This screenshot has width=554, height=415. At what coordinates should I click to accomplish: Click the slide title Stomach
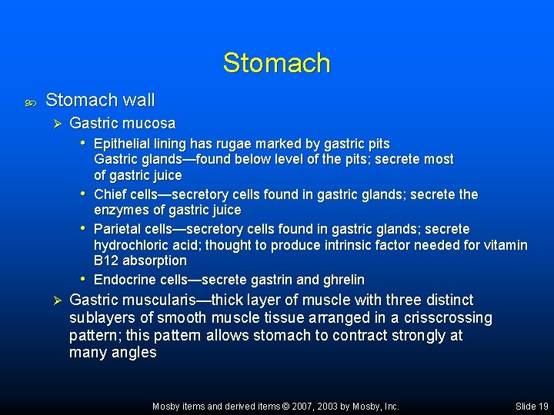point(276,63)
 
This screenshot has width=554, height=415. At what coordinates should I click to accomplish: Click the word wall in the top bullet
point(139,100)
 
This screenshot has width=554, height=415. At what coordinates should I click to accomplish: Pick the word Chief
point(110,194)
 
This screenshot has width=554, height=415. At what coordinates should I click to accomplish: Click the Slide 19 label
point(532,407)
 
